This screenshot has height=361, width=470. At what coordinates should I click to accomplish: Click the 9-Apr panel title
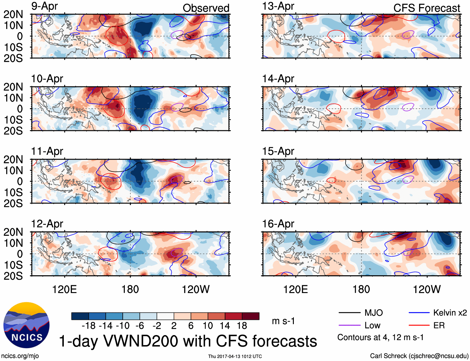pyautogui.click(x=45, y=6)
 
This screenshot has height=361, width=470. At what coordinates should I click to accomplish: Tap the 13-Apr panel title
pyautogui.click(x=278, y=6)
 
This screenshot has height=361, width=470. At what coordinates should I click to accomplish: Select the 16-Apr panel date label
pyautogui.click(x=278, y=224)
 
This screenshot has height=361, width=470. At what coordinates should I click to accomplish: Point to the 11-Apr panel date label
pyautogui.click(x=47, y=151)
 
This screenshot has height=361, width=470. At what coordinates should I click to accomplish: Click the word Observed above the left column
pyautogui.click(x=206, y=8)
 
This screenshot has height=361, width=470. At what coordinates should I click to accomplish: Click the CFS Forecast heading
pyautogui.click(x=426, y=8)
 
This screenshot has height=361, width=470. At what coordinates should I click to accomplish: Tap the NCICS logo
pyautogui.click(x=26, y=325)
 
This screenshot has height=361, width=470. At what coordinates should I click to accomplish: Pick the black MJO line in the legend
pyautogui.click(x=349, y=313)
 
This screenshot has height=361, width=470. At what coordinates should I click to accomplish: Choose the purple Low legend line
pyautogui.click(x=349, y=325)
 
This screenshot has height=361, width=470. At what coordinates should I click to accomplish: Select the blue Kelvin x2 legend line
pyautogui.click(x=419, y=313)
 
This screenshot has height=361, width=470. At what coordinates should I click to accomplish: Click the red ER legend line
pyautogui.click(x=419, y=325)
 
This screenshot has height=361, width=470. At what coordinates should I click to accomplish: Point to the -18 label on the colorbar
pyautogui.click(x=89, y=326)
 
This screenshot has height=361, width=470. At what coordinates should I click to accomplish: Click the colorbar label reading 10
pyautogui.click(x=208, y=326)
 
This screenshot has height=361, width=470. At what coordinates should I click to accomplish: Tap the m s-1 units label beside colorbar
pyautogui.click(x=283, y=321)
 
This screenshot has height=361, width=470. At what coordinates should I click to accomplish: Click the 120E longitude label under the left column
pyautogui.click(x=64, y=289)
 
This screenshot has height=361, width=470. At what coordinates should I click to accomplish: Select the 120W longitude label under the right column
pyautogui.click(x=426, y=289)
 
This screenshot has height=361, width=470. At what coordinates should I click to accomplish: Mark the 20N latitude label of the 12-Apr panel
pyautogui.click(x=13, y=232)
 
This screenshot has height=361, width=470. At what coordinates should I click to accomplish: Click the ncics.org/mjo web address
pyautogui.click(x=20, y=356)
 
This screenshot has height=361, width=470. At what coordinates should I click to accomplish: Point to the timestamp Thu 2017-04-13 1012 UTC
pyautogui.click(x=235, y=356)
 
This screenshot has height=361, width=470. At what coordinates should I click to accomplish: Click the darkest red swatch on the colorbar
pyautogui.click(x=251, y=316)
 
